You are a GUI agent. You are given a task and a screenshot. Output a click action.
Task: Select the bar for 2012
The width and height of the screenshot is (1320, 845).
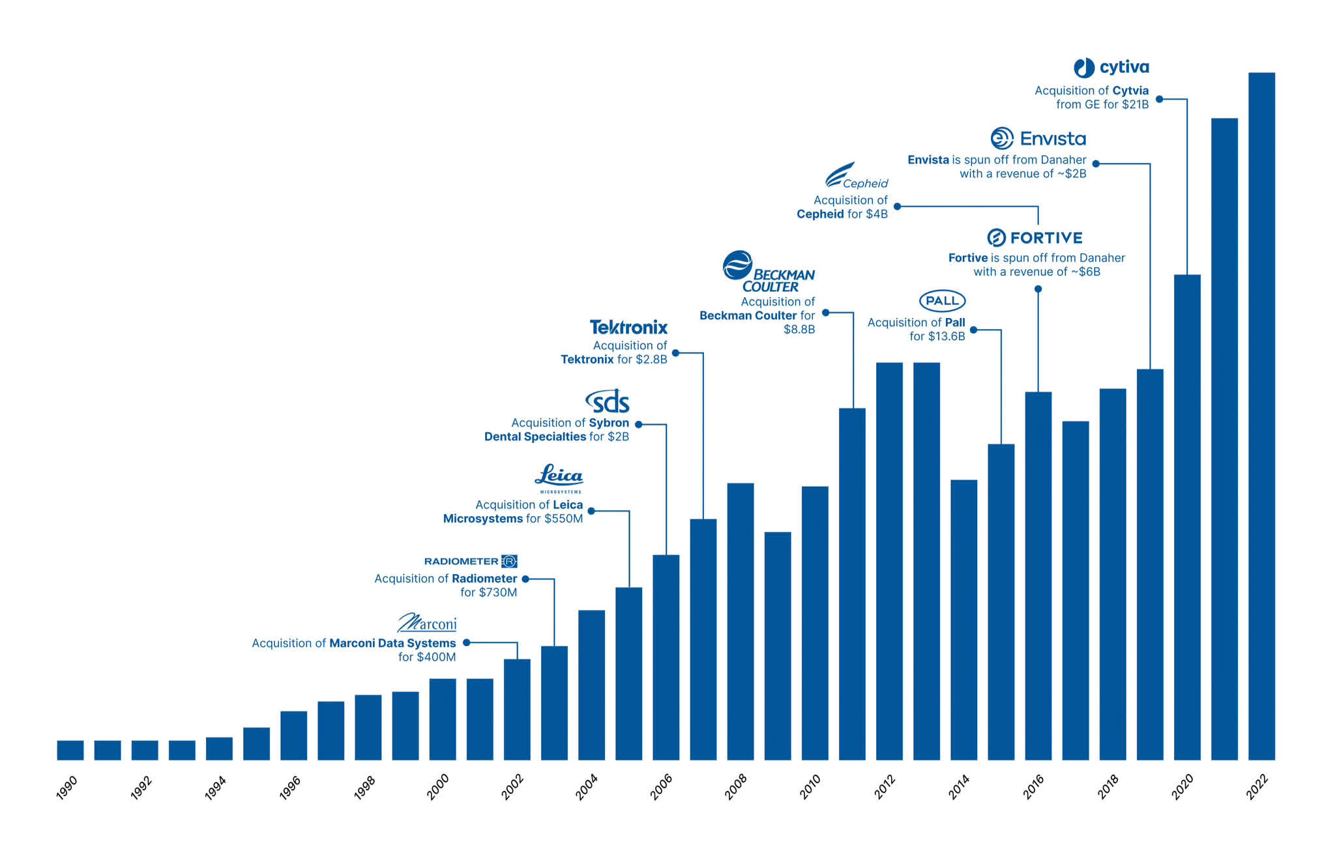point(889,561)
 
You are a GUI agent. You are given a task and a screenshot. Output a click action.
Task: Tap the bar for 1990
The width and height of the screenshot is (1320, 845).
point(70,750)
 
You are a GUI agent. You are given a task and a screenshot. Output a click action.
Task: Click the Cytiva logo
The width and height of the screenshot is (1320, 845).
point(1111,68)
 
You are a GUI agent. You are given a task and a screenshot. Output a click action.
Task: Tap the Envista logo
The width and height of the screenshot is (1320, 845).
point(1038,138)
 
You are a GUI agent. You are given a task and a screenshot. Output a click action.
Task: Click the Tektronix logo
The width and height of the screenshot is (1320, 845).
point(628,327)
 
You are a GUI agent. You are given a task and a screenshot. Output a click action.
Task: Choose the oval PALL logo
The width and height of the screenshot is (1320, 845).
point(942,301)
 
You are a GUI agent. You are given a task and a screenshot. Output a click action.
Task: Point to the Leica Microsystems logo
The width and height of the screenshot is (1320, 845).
point(559,478)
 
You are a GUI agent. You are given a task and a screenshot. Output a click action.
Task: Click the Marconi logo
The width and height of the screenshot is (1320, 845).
point(427,623)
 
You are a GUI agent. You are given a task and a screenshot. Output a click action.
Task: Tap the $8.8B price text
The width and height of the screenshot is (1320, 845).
point(799,330)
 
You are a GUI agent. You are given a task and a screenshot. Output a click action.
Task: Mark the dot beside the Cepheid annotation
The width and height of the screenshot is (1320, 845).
point(897,207)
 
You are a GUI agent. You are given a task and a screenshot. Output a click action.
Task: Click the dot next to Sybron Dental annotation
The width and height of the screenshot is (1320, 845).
point(639,425)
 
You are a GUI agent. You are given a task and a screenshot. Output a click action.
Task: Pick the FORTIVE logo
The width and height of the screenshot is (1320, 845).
point(1034,238)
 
